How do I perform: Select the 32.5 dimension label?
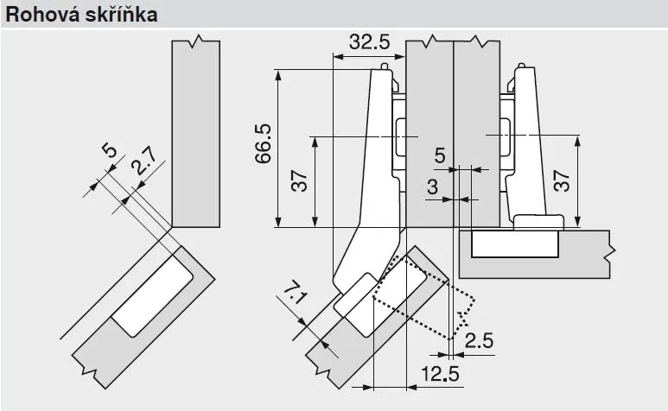pos(369,41)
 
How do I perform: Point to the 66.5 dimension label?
pos(263,143)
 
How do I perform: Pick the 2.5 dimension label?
pos(479,340)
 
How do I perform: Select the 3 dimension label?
pos(431,187)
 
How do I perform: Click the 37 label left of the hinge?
pos(298,181)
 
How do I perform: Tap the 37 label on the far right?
pos(561,181)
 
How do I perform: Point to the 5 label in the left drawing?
pos(108,152)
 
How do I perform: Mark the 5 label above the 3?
pos(439,155)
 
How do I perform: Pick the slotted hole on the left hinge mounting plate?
pos(401,137)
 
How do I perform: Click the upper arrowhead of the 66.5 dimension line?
pos(277,73)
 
